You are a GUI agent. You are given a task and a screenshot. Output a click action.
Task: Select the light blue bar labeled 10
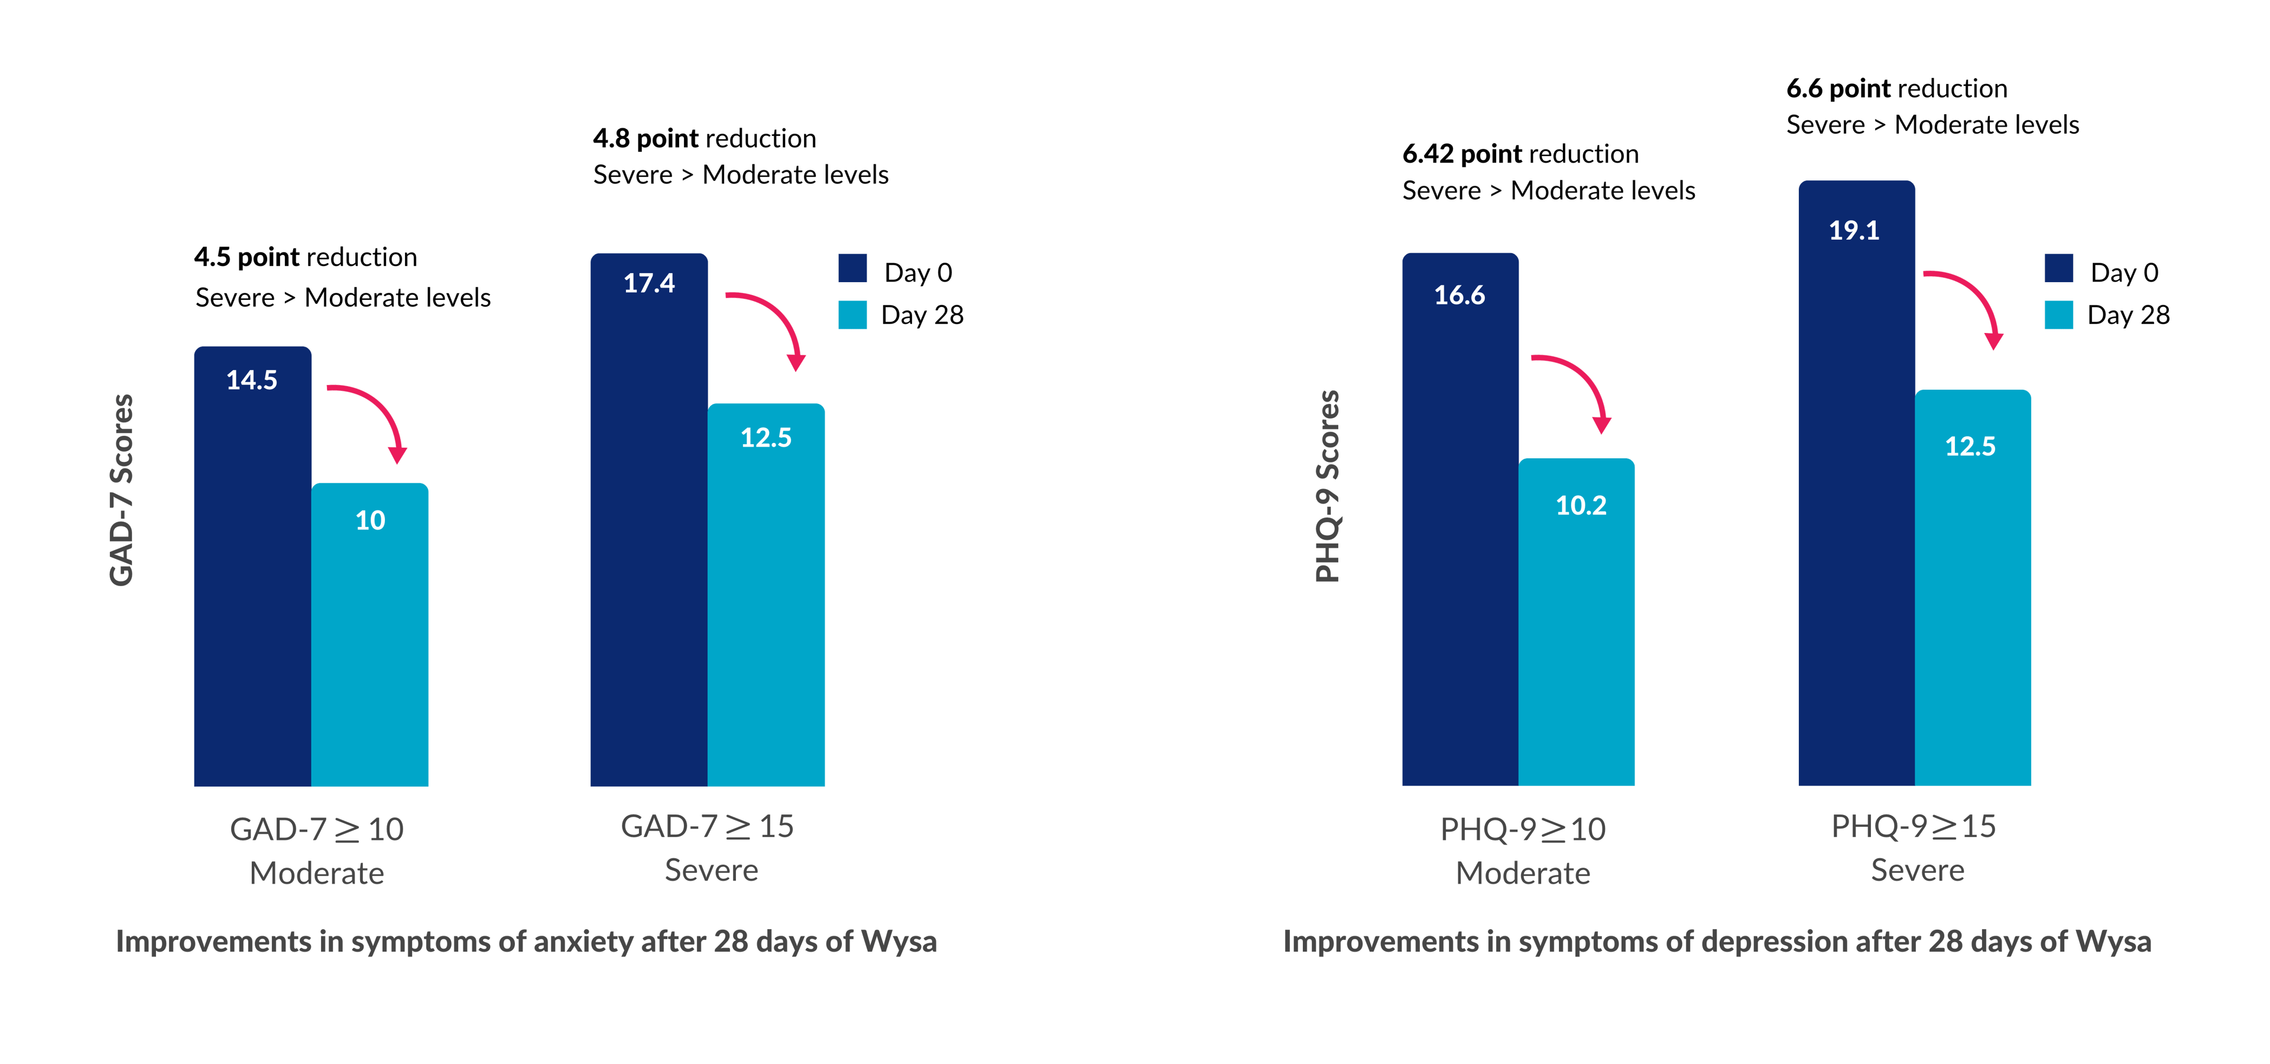click(370, 635)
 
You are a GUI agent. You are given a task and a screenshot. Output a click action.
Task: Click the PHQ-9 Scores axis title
click(1328, 487)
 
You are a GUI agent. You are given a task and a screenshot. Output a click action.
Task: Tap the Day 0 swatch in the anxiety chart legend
click(852, 269)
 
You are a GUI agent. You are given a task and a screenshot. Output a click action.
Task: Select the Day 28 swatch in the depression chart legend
click(2058, 315)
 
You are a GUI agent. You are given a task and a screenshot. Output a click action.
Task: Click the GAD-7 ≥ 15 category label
click(707, 826)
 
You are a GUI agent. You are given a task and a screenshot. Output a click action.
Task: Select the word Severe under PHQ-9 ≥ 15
click(1918, 870)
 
